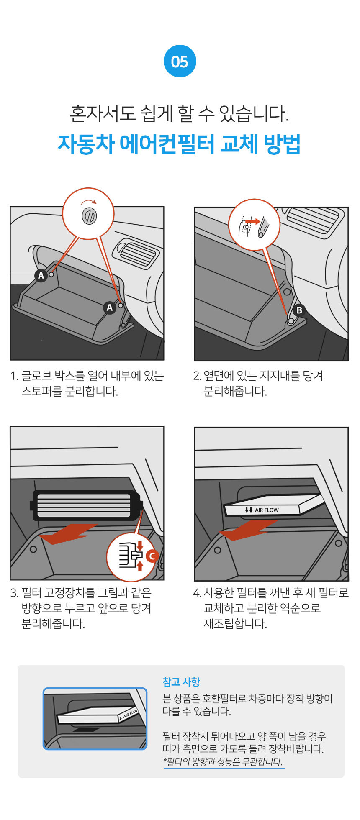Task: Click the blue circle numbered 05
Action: tap(180, 61)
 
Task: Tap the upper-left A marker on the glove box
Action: tap(41, 275)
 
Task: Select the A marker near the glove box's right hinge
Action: tap(110, 308)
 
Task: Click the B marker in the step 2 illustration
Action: tap(299, 310)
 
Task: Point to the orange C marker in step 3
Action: tap(152, 556)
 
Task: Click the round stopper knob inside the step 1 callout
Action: tap(90, 215)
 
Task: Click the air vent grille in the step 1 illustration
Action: tap(136, 252)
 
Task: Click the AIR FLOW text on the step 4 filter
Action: tap(267, 510)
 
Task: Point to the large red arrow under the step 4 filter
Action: tap(248, 530)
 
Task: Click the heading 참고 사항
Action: tap(181, 682)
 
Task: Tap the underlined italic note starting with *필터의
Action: tap(223, 761)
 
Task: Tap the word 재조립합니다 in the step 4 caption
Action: tap(235, 624)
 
